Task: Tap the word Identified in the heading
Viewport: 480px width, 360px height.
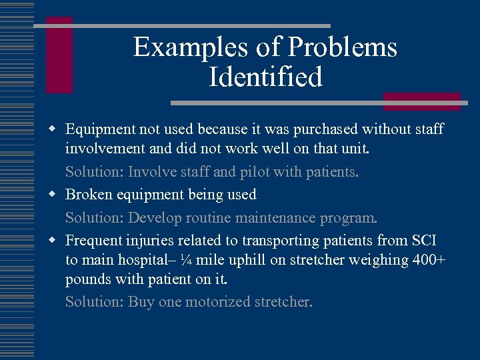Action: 265,77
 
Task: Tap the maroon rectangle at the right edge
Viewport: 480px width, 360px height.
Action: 421,101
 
